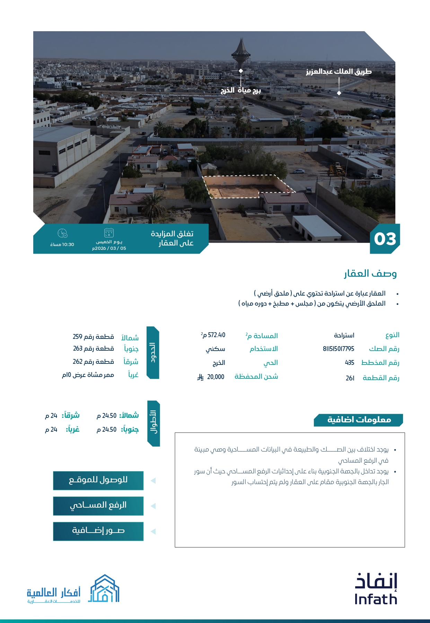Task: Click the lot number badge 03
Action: (x=385, y=239)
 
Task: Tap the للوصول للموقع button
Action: (x=98, y=480)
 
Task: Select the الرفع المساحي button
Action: (x=98, y=506)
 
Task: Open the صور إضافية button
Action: (x=98, y=531)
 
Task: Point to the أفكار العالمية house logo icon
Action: (x=104, y=589)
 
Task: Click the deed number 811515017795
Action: (x=338, y=349)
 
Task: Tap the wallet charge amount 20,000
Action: (x=215, y=377)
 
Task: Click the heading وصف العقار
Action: (x=370, y=274)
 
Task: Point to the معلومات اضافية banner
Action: (x=358, y=420)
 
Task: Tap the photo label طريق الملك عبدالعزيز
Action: (x=339, y=72)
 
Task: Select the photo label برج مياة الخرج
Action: (x=240, y=90)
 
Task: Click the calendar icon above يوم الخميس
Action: (x=109, y=232)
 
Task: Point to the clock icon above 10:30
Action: (x=62, y=233)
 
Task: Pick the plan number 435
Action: (x=349, y=363)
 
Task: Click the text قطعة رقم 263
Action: (x=93, y=349)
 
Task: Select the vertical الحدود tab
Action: (x=153, y=352)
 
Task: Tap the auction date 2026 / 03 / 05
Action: (x=109, y=248)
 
